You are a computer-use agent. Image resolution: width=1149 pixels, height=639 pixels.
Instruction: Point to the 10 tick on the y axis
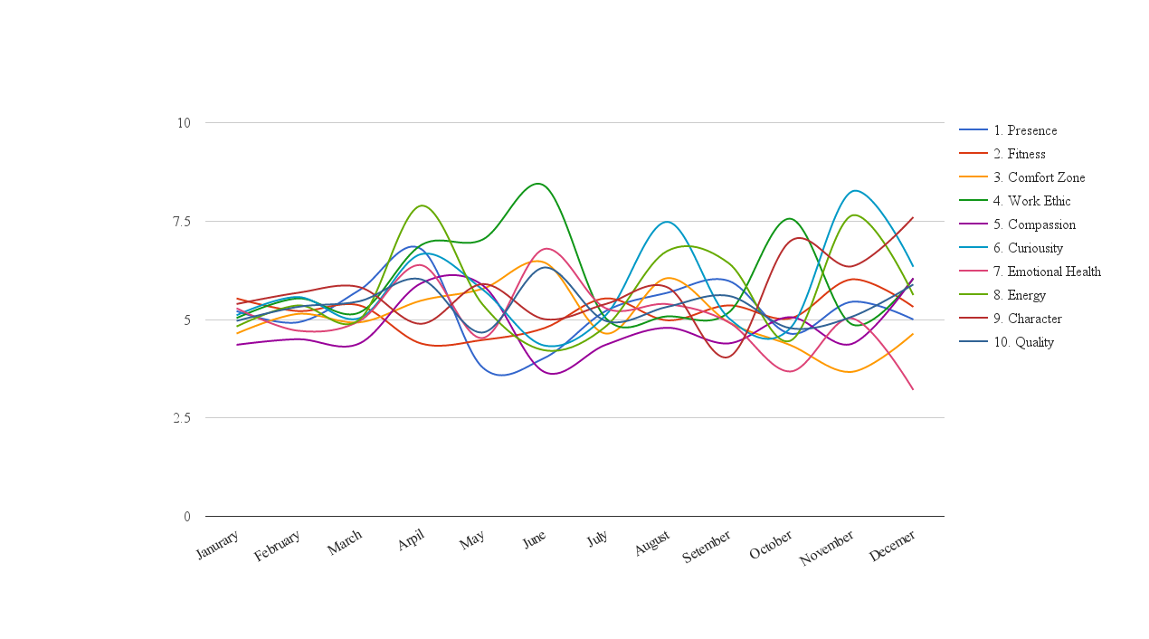[x=184, y=123]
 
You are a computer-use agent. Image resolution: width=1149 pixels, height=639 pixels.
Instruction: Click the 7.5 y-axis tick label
[x=182, y=222]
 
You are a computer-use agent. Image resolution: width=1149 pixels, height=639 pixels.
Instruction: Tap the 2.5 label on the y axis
[x=182, y=418]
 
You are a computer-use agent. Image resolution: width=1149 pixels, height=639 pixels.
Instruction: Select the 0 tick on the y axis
[x=187, y=517]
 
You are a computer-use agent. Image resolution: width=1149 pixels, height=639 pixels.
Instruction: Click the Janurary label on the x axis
[x=217, y=544]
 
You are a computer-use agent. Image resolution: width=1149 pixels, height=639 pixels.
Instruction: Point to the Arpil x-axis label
[x=411, y=540]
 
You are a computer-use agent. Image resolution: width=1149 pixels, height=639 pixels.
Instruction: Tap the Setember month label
[x=707, y=547]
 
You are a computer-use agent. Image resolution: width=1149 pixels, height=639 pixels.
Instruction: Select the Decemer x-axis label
[x=892, y=546]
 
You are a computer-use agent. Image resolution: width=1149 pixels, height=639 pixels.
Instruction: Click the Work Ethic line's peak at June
[x=537, y=183]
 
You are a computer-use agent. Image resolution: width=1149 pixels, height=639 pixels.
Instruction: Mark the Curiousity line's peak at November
[x=855, y=190]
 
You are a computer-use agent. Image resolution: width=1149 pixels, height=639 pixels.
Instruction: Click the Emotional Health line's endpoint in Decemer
[x=913, y=389]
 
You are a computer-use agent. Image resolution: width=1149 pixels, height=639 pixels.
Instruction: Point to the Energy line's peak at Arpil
[x=422, y=205]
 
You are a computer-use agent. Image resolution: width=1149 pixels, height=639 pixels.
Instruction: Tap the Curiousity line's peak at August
[x=666, y=222]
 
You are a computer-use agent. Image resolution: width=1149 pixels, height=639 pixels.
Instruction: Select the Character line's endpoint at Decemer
[x=913, y=217]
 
